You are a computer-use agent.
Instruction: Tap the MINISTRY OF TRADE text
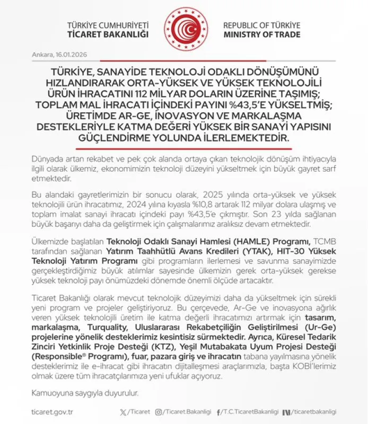pyautogui.click(x=261, y=34)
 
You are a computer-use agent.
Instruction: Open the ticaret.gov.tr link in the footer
pyautogui.click(x=52, y=412)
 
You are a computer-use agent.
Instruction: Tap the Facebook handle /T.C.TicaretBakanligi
pyautogui.click(x=251, y=412)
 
